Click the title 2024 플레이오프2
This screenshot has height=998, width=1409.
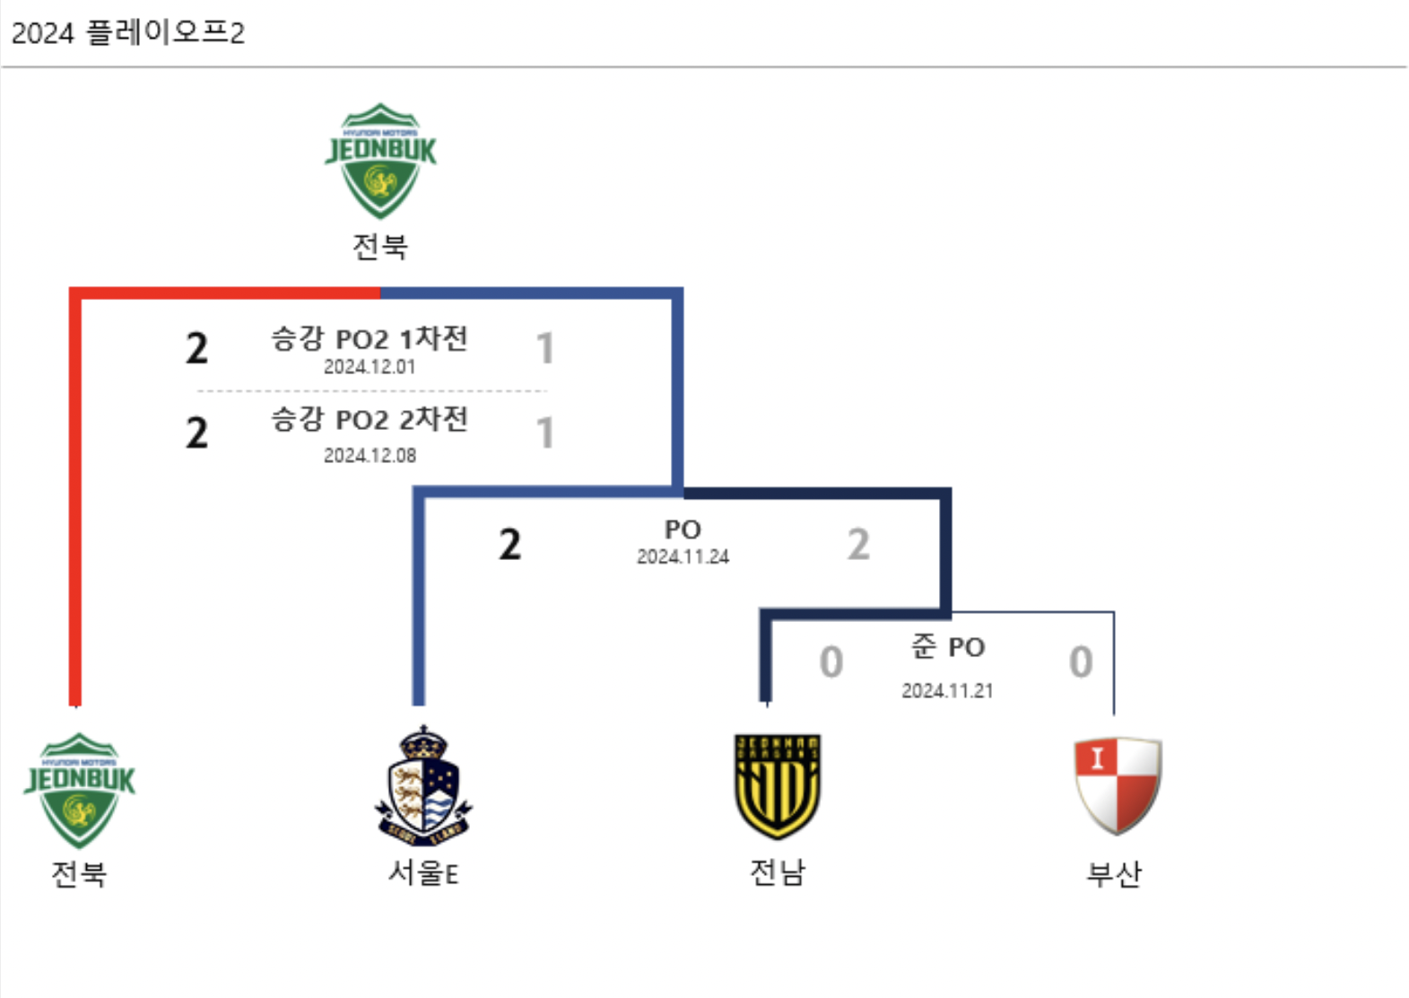pos(127,33)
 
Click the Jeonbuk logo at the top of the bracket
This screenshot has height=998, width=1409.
pos(380,161)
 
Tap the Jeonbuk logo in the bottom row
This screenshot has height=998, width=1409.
pos(79,790)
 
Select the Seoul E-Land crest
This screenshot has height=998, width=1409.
pos(423,785)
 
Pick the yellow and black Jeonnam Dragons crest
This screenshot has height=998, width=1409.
pos(777,785)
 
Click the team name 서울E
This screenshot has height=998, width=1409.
pos(423,872)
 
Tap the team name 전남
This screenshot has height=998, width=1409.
pos(778,871)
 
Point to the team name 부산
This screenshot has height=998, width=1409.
pos(1114,872)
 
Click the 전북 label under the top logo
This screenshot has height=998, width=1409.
pos(380,246)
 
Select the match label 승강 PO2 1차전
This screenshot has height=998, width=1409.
pos(370,338)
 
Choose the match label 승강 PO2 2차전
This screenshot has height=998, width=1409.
pos(370,419)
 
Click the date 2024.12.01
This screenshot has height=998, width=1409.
pos(370,366)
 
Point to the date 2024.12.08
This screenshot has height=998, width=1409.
pos(370,455)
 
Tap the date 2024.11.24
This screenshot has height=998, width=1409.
pos(683,556)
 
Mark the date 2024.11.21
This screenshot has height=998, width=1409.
pos(947,690)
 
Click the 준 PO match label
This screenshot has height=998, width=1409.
pos(948,646)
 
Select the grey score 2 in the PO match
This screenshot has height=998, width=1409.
pos(858,544)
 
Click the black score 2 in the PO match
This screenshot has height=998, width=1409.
pos(509,544)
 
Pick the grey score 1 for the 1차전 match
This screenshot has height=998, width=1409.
pos(544,348)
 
